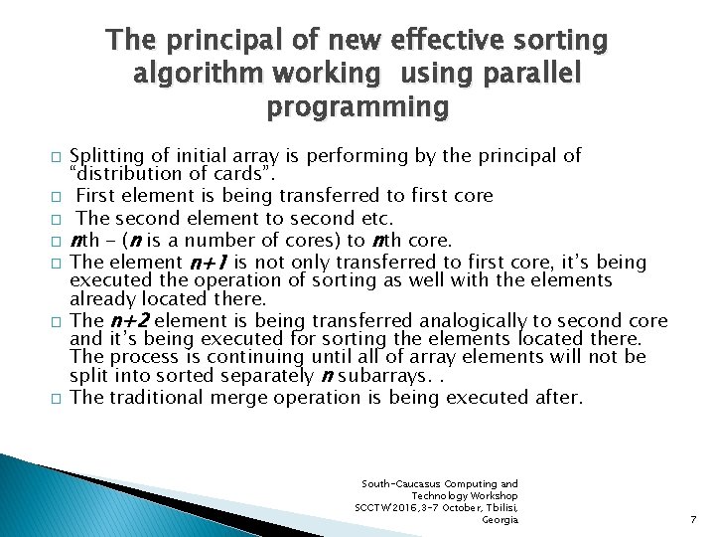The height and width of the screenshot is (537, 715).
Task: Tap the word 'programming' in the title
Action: coord(357,106)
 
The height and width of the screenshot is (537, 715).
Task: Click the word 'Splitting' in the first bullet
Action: coord(108,156)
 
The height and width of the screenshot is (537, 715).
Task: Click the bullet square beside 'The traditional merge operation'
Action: coord(57,398)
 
